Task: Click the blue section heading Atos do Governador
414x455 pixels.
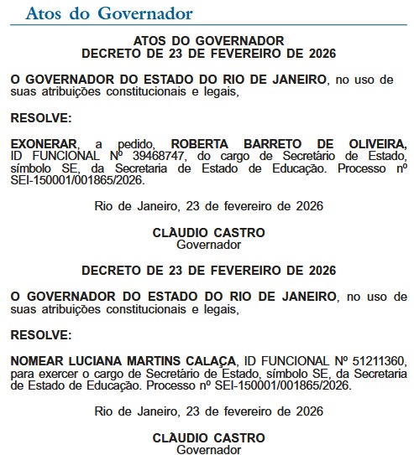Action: [x=109, y=14]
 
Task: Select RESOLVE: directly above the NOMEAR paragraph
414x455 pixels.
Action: [x=41, y=335]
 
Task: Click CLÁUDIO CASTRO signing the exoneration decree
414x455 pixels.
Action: [x=208, y=233]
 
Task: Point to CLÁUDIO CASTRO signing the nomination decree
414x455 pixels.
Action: [x=208, y=438]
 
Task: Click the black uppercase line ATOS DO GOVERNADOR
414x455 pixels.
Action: [x=208, y=40]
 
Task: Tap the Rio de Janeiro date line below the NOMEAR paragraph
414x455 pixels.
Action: [x=208, y=411]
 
